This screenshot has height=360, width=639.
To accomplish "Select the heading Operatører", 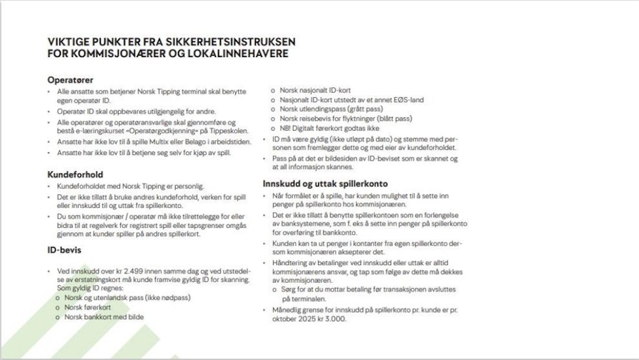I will pyautogui.click(x=71, y=79).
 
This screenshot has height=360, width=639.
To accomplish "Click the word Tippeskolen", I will pyautogui.click(x=214, y=132).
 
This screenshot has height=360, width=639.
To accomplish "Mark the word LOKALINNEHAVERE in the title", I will pyautogui.click(x=238, y=54).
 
